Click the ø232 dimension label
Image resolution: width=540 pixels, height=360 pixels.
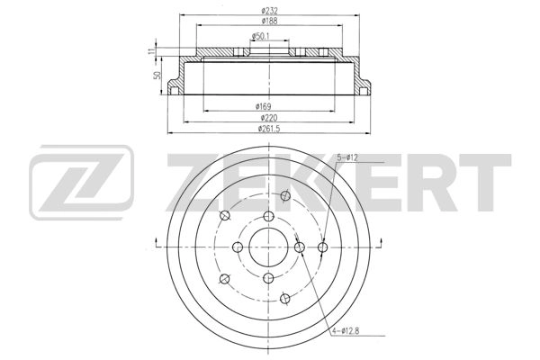point(269,11)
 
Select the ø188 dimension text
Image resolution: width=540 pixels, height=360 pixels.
point(269,21)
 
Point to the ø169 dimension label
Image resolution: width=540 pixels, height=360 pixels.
point(263,106)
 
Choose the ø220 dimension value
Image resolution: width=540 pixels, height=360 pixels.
point(269,118)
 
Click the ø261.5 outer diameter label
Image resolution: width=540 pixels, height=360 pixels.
point(269,129)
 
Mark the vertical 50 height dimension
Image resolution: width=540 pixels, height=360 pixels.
point(157,75)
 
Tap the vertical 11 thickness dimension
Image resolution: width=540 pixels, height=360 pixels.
point(150,51)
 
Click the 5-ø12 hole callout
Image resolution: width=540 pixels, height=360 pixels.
point(347,157)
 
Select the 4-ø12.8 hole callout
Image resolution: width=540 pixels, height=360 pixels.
point(346,331)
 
